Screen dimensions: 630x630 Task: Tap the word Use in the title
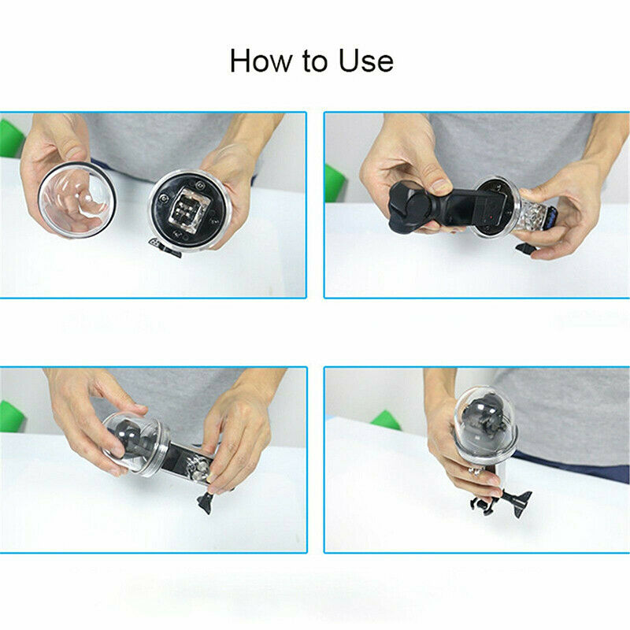pyautogui.click(x=364, y=61)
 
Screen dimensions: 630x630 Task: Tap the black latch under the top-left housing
pyautogui.click(x=169, y=250)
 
